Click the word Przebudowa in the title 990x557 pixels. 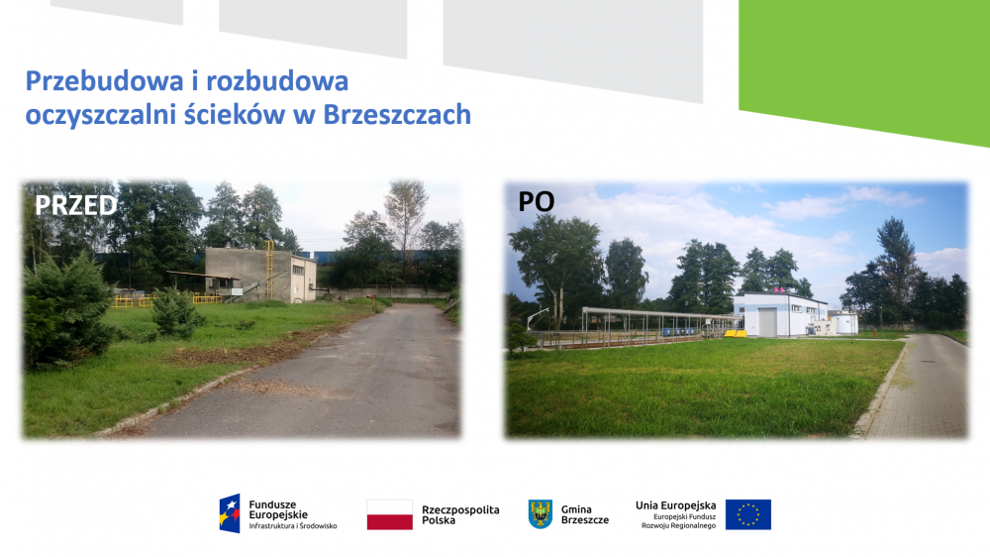pos(104,81)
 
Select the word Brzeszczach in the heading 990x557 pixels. pos(397,114)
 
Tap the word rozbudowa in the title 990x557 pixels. pos(277,81)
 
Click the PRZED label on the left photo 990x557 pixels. pos(76,205)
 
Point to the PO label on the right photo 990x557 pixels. pos(536,201)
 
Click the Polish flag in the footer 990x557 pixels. pos(389,514)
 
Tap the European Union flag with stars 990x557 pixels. pos(748,514)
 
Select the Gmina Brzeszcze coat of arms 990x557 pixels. pos(541,514)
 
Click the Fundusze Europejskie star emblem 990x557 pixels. pos(230,513)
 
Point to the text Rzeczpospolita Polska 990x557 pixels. pos(460,514)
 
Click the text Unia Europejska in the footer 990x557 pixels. pos(675,505)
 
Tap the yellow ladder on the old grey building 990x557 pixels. pos(269,270)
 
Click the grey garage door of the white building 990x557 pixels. pos(767,322)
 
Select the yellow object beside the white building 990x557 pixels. pos(735,333)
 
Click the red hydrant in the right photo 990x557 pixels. pos(874,328)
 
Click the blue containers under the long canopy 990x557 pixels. pos(679,331)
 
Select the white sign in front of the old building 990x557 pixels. pos(237,292)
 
